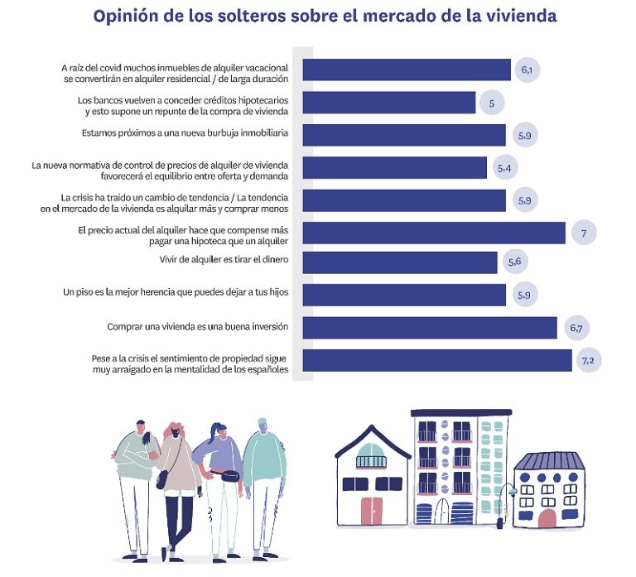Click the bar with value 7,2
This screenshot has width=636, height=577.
click(x=436, y=360)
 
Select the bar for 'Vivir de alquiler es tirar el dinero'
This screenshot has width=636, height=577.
click(x=399, y=262)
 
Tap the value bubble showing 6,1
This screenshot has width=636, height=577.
click(x=526, y=70)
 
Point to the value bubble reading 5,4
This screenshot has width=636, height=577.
click(x=503, y=168)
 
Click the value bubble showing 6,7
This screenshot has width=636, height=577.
click(x=576, y=329)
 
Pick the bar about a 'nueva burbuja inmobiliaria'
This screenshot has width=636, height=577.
click(x=403, y=135)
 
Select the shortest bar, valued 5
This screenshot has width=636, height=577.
click(x=388, y=103)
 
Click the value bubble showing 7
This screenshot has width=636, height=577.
click(x=583, y=233)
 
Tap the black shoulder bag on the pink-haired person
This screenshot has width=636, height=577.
click(x=162, y=479)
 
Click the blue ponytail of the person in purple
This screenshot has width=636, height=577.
click(x=219, y=433)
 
